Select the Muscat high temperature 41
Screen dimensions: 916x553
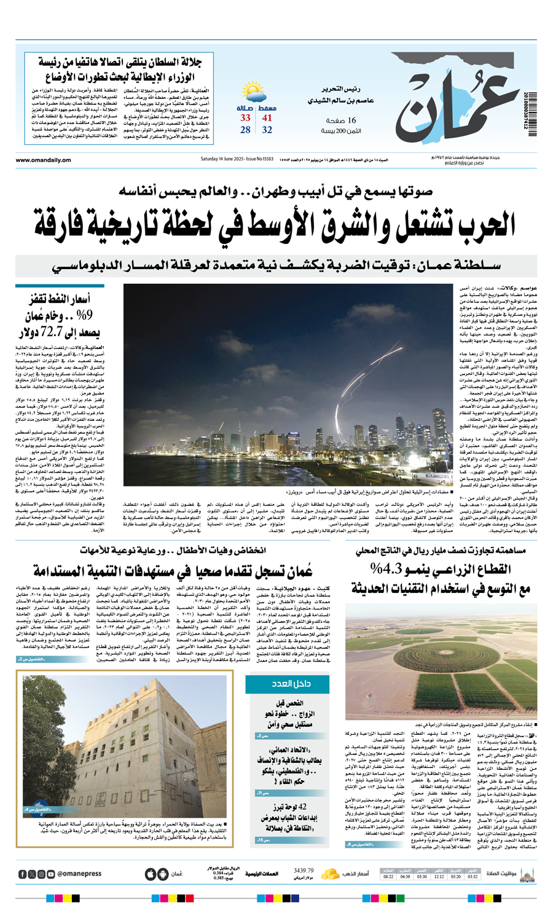(x=267, y=118)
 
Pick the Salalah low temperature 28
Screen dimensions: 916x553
(x=246, y=130)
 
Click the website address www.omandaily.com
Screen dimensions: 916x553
(x=44, y=160)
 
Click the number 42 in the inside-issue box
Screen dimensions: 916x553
(x=304, y=807)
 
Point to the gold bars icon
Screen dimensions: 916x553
(x=332, y=873)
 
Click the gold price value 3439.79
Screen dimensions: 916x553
(x=304, y=871)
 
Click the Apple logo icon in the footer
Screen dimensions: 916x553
(x=150, y=874)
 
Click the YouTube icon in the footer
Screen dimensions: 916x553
(x=50, y=874)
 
